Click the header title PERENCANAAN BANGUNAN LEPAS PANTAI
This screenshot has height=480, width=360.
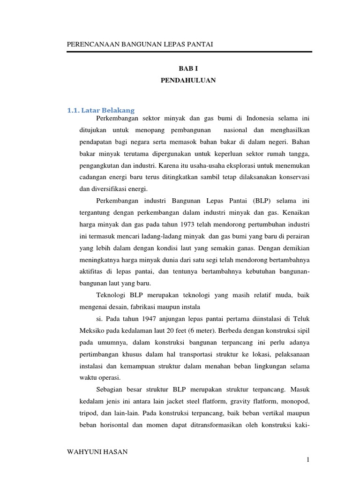point(141,44)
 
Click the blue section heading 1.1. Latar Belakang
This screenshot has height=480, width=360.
point(101,111)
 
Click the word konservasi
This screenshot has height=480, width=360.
point(294,177)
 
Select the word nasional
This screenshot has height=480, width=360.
point(237,129)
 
